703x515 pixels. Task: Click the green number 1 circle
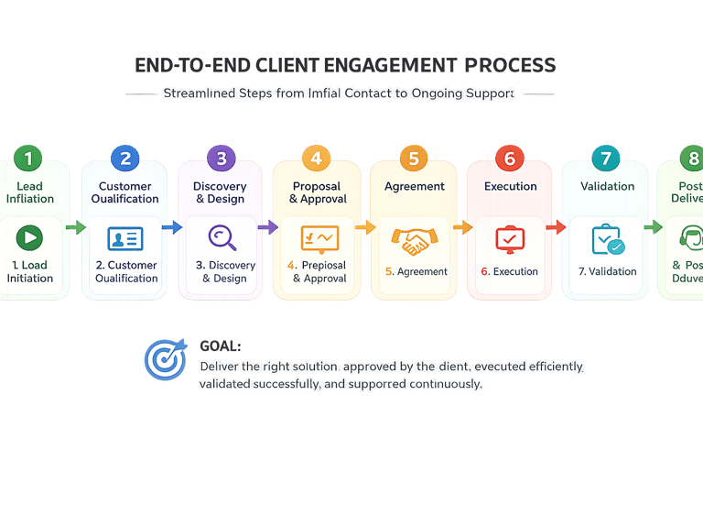(28, 159)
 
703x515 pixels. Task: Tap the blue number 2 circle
(125, 159)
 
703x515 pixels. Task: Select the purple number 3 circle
(221, 159)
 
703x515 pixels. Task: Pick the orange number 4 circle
(316, 159)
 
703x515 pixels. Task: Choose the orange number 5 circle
(414, 159)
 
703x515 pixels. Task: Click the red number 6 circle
(510, 159)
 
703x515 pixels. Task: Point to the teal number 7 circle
(605, 159)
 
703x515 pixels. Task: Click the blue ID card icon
(125, 239)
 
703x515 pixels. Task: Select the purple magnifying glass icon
(222, 237)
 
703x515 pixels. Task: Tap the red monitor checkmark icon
(510, 239)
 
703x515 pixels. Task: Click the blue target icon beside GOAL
(166, 360)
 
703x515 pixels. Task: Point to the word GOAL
(220, 346)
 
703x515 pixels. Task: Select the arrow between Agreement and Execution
(462, 226)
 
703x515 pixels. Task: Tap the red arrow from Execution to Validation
(556, 226)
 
